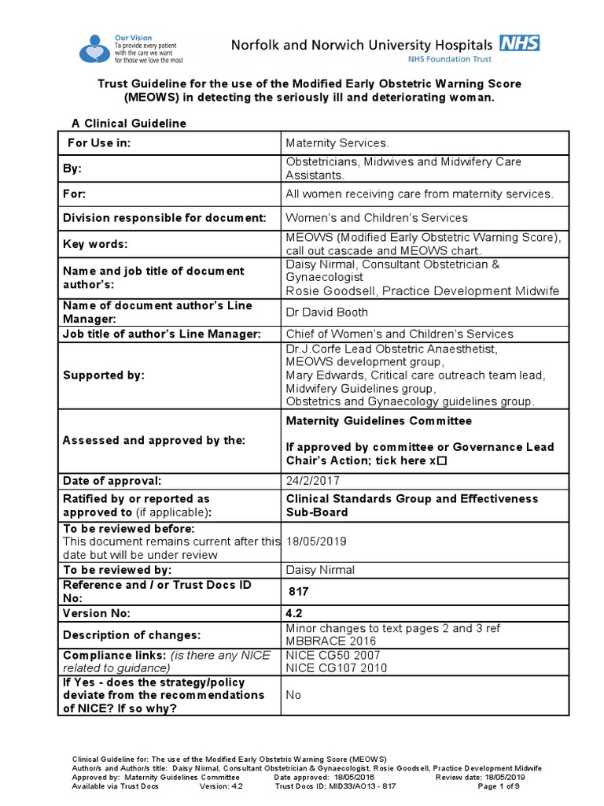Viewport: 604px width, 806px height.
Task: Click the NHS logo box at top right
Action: pos(520,43)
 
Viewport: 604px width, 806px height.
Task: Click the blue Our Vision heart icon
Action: pos(94,49)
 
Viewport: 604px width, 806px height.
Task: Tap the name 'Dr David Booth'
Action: pos(326,312)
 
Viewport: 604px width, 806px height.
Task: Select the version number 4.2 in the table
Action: pos(295,613)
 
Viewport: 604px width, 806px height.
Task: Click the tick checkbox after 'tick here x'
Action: pos(441,461)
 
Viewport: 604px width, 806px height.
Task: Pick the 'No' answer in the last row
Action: pos(293,695)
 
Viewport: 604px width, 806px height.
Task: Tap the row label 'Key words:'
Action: pos(95,245)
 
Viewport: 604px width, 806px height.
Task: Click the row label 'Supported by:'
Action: pos(104,375)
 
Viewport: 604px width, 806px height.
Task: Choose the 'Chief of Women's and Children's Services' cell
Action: pos(400,335)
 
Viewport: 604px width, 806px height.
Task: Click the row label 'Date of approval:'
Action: pos(112,480)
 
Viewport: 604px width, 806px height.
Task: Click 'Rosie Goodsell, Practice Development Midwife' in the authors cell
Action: pos(422,291)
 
